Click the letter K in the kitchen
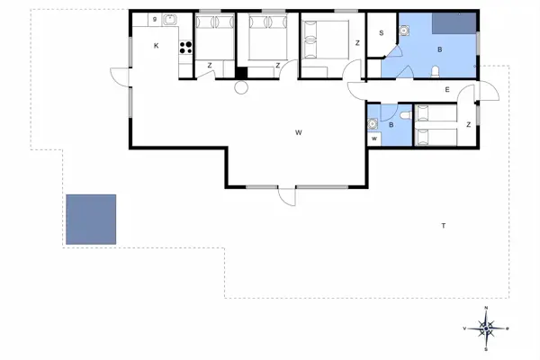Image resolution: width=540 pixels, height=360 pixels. (x=156, y=45)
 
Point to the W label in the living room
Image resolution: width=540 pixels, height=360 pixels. (x=297, y=132)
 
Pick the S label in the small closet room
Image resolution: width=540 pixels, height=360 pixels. (x=382, y=33)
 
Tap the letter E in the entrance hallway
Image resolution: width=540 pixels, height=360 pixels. (x=446, y=89)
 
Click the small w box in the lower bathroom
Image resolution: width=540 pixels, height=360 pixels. (x=373, y=139)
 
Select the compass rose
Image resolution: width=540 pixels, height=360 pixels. (x=486, y=328)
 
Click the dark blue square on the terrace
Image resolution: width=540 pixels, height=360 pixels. (x=91, y=219)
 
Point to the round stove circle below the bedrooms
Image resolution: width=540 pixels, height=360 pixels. (x=240, y=87)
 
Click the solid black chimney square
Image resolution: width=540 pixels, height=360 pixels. (x=240, y=74)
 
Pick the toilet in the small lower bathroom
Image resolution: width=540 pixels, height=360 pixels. (x=404, y=116)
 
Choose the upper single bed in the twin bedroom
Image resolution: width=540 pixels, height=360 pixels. (x=436, y=112)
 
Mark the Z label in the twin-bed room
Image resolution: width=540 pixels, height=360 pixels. (x=469, y=124)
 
